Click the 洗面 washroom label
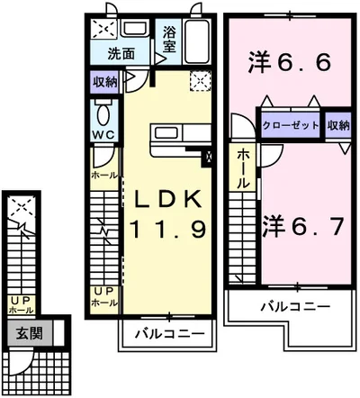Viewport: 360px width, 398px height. (121, 53)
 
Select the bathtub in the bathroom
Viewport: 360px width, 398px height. (199, 41)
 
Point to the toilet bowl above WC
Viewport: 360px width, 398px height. (103, 114)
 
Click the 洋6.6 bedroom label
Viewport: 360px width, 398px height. (284, 62)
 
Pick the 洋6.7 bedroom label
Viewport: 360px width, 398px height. (302, 223)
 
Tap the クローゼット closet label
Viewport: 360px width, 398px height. (290, 125)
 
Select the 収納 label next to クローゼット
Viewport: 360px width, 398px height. (338, 125)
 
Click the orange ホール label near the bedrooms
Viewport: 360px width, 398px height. (243, 169)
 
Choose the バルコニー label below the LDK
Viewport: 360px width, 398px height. (168, 335)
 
